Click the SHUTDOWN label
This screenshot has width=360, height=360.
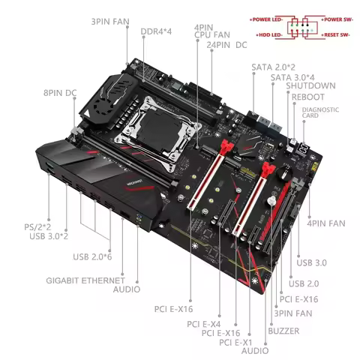[x=298, y=87]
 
